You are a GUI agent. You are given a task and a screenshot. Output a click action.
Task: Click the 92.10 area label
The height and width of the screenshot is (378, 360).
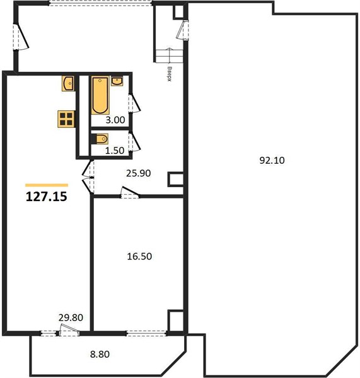click(272, 160)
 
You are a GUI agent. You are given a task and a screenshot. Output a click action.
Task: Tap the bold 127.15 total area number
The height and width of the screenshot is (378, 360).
click(46, 197)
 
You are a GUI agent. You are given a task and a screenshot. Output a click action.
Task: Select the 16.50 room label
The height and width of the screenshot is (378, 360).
click(139, 256)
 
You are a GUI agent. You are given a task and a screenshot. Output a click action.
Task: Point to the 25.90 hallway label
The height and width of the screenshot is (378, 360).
click(139, 173)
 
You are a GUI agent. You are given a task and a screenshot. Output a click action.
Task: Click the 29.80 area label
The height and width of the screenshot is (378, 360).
click(71, 318)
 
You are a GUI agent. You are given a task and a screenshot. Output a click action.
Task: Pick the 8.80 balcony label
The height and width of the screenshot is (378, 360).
click(100, 354)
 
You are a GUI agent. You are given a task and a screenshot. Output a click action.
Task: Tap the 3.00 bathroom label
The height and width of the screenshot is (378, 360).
click(115, 120)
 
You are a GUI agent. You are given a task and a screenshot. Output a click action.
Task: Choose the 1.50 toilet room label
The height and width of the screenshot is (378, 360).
click(115, 151)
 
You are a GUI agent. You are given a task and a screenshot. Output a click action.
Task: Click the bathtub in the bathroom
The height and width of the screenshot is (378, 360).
click(100, 95)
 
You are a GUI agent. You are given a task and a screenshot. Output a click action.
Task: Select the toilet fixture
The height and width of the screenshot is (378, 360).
click(100, 139)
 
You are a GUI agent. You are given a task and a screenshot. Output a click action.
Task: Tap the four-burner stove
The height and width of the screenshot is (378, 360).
click(66, 119)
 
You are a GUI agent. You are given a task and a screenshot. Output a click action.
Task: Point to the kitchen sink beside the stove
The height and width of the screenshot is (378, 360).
click(68, 83)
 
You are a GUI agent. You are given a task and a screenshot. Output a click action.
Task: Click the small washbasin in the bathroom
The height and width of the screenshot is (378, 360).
click(117, 81)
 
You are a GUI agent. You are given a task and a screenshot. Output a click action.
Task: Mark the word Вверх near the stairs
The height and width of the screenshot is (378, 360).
click(170, 74)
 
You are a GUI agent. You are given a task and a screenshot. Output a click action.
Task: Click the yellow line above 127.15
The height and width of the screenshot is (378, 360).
click(47, 185)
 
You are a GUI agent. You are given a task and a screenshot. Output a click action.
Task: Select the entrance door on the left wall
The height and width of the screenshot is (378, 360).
click(21, 37)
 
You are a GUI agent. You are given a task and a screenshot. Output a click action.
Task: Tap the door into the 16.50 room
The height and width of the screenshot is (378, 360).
click(130, 193)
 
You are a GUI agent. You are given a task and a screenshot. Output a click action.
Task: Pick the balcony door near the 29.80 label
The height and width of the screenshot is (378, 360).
click(69, 329)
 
